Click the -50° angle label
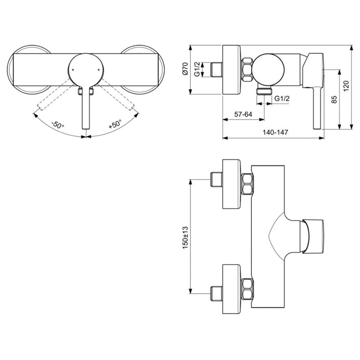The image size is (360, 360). click(58, 124)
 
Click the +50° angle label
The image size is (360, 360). click(115, 124)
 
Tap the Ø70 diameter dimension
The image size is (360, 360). click(185, 68)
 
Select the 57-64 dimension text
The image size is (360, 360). click(243, 114)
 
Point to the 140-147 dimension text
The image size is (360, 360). click(275, 133)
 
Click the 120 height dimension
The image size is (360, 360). click(346, 86)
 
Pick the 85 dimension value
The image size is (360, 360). click(334, 99)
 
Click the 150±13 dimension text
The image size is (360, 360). click(185, 238)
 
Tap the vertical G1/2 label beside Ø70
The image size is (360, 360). click(197, 69)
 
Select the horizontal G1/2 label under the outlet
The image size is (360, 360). click(282, 98)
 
